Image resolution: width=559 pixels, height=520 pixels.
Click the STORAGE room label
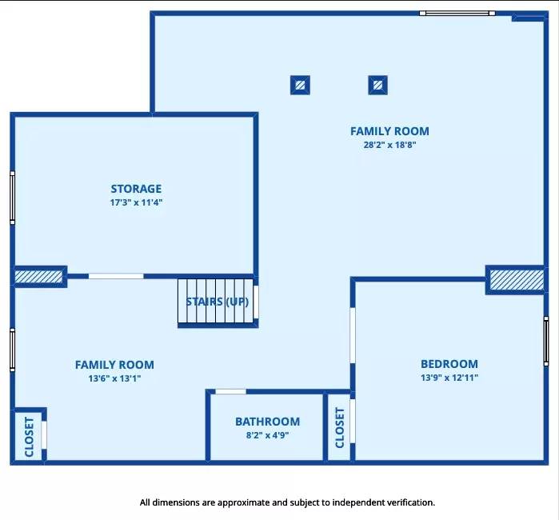(x=136, y=189)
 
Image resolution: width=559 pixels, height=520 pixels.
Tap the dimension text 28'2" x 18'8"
(x=389, y=146)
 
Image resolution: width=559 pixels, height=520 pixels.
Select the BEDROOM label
(x=449, y=363)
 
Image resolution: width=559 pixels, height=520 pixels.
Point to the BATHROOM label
(x=267, y=422)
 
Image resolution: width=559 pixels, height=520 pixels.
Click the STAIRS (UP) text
(x=217, y=302)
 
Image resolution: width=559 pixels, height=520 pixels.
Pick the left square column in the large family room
(x=300, y=84)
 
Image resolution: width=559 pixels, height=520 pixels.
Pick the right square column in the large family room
(x=377, y=84)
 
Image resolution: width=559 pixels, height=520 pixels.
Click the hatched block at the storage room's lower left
(x=38, y=276)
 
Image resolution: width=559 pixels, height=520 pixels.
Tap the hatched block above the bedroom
(x=517, y=280)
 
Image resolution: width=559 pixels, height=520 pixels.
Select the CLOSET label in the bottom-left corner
(x=30, y=437)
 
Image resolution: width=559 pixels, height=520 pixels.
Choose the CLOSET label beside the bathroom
(x=339, y=427)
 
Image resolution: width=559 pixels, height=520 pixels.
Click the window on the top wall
(x=457, y=13)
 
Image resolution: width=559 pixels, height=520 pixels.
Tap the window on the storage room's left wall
(x=12, y=198)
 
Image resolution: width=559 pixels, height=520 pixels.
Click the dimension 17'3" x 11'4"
(x=136, y=203)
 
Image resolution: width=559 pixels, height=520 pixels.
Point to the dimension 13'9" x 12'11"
(x=449, y=378)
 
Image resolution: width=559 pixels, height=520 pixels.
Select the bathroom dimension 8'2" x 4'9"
(x=267, y=436)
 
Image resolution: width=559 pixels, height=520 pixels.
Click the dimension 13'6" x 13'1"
(x=114, y=378)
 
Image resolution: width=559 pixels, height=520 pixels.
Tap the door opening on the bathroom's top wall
(x=231, y=391)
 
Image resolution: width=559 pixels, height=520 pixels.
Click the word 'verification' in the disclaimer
(x=405, y=502)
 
